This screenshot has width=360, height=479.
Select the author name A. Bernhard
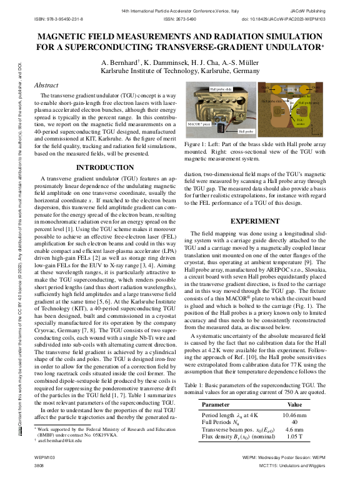[x=121, y=64]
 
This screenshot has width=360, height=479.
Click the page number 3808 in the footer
[x=38, y=466]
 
